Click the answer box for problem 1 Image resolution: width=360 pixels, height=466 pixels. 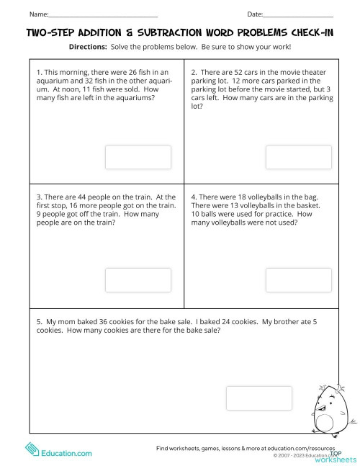tap(138, 157)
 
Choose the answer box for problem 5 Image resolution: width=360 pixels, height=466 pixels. tap(259, 398)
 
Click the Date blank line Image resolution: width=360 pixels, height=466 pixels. tap(299, 15)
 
